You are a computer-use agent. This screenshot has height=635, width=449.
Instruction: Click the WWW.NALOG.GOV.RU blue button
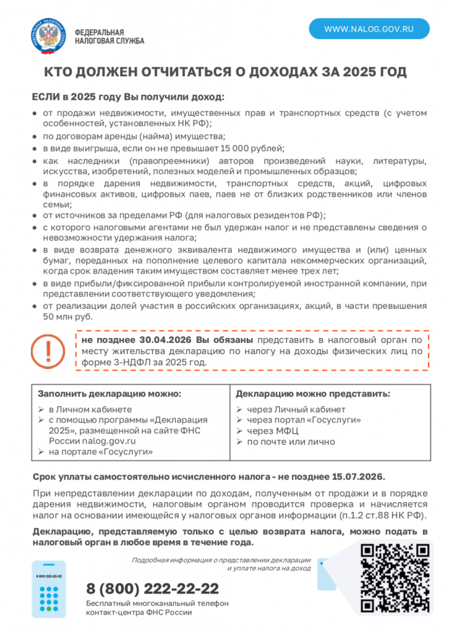tap(369, 29)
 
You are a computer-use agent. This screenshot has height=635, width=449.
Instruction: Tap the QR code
tap(395, 577)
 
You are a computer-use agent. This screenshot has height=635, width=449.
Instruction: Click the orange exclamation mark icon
tap(43, 350)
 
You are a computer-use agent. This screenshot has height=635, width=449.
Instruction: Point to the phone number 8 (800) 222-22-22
tap(153, 588)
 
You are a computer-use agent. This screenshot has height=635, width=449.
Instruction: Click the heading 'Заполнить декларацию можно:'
tap(110, 394)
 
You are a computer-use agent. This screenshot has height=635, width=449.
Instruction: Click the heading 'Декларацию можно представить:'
tap(313, 394)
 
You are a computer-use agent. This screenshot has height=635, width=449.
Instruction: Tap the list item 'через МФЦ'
tap(272, 431)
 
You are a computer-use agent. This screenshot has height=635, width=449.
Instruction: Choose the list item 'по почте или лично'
tap(290, 442)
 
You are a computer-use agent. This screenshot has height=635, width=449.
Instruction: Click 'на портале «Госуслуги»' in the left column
tap(100, 452)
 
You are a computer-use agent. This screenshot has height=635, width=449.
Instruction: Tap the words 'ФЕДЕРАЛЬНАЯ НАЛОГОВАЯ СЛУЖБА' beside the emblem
tap(109, 36)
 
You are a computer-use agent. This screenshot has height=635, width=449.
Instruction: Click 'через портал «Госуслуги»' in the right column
tap(304, 420)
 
